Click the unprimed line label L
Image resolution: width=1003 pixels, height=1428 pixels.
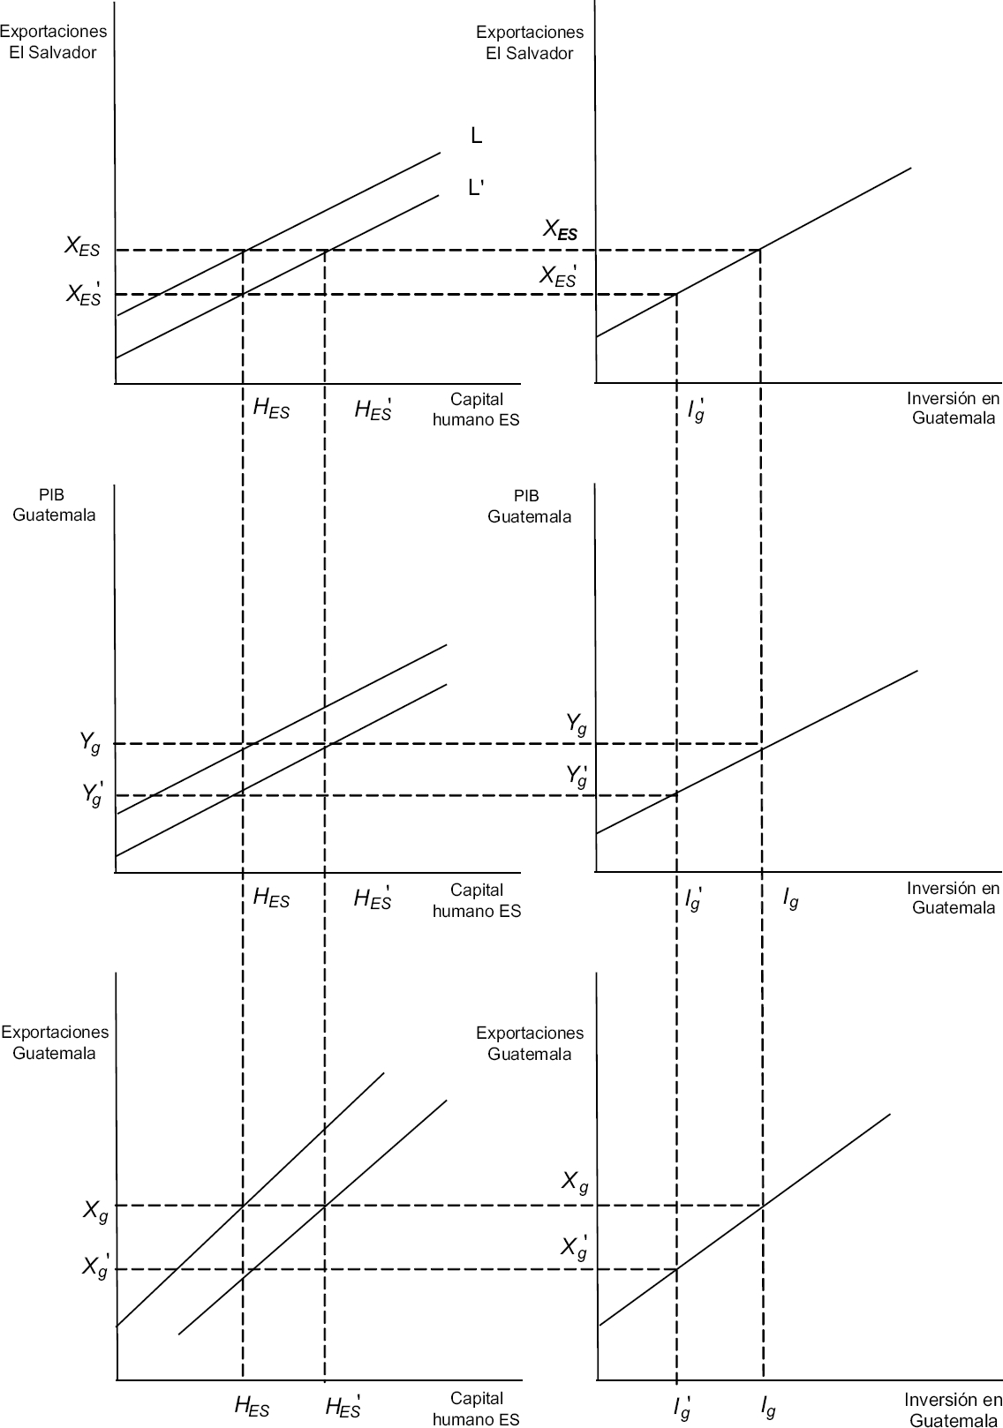(477, 136)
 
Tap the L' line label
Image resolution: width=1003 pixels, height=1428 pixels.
(476, 188)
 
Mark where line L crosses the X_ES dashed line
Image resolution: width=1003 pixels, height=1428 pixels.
(243, 251)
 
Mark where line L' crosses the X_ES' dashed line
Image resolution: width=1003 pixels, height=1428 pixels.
(243, 293)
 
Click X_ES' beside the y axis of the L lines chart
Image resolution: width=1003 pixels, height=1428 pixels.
(85, 294)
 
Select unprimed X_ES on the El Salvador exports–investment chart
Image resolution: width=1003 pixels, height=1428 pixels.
(561, 231)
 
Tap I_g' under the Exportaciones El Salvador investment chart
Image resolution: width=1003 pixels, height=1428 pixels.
(696, 410)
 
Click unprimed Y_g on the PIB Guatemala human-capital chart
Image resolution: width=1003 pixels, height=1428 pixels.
(90, 743)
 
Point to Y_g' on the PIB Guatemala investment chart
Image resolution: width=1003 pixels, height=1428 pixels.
(577, 776)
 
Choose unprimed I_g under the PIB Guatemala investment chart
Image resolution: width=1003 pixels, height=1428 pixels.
(790, 899)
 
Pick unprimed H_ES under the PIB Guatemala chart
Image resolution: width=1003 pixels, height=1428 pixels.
(271, 898)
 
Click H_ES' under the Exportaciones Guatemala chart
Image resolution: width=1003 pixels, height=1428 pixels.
(343, 1406)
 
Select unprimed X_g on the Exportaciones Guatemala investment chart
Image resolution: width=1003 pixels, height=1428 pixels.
(575, 1183)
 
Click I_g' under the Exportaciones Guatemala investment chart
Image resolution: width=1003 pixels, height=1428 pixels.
(682, 1407)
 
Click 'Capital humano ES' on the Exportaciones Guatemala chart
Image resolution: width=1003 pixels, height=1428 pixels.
(476, 1408)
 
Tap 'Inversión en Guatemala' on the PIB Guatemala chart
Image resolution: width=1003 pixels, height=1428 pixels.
(954, 898)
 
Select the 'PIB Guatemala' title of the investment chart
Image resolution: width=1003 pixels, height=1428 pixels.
(529, 506)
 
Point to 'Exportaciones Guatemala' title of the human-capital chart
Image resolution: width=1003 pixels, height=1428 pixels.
(55, 1041)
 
